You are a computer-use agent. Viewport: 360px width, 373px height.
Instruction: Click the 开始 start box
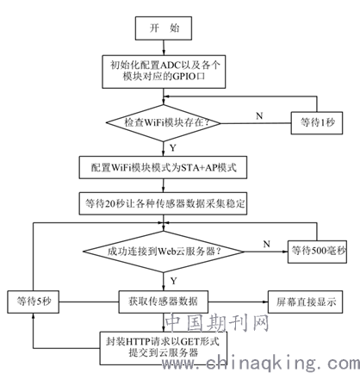(x=164, y=28)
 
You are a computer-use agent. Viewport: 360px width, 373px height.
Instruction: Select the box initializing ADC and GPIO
(x=164, y=71)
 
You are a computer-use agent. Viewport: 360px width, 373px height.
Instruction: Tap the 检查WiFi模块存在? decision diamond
(x=164, y=123)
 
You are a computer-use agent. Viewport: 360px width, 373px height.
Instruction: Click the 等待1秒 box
(x=317, y=123)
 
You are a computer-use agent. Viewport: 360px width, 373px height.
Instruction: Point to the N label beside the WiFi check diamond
(x=259, y=115)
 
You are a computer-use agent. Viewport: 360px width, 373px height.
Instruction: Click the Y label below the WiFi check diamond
(x=172, y=148)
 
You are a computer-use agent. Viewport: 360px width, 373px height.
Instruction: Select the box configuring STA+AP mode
(x=163, y=167)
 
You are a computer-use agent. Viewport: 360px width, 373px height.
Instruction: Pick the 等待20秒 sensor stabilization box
(x=163, y=203)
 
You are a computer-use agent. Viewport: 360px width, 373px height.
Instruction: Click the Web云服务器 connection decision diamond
(x=164, y=252)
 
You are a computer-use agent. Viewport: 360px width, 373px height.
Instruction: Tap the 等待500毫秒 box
(x=317, y=252)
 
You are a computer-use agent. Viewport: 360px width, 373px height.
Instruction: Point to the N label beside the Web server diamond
(x=267, y=244)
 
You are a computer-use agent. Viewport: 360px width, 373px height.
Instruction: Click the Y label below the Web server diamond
(x=173, y=281)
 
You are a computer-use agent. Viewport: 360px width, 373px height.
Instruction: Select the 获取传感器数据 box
(x=164, y=302)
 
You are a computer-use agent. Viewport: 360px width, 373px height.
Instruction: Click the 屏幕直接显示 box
(x=305, y=302)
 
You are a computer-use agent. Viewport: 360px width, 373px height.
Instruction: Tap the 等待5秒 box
(x=34, y=302)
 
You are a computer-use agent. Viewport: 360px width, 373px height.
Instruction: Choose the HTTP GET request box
(x=164, y=348)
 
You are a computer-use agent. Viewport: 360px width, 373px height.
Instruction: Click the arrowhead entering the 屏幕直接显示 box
(x=265, y=302)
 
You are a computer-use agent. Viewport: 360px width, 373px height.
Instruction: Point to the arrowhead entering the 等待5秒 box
(x=34, y=316)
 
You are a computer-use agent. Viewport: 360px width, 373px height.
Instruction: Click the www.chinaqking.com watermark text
(x=261, y=364)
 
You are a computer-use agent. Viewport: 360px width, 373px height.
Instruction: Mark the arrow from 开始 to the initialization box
(x=164, y=47)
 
